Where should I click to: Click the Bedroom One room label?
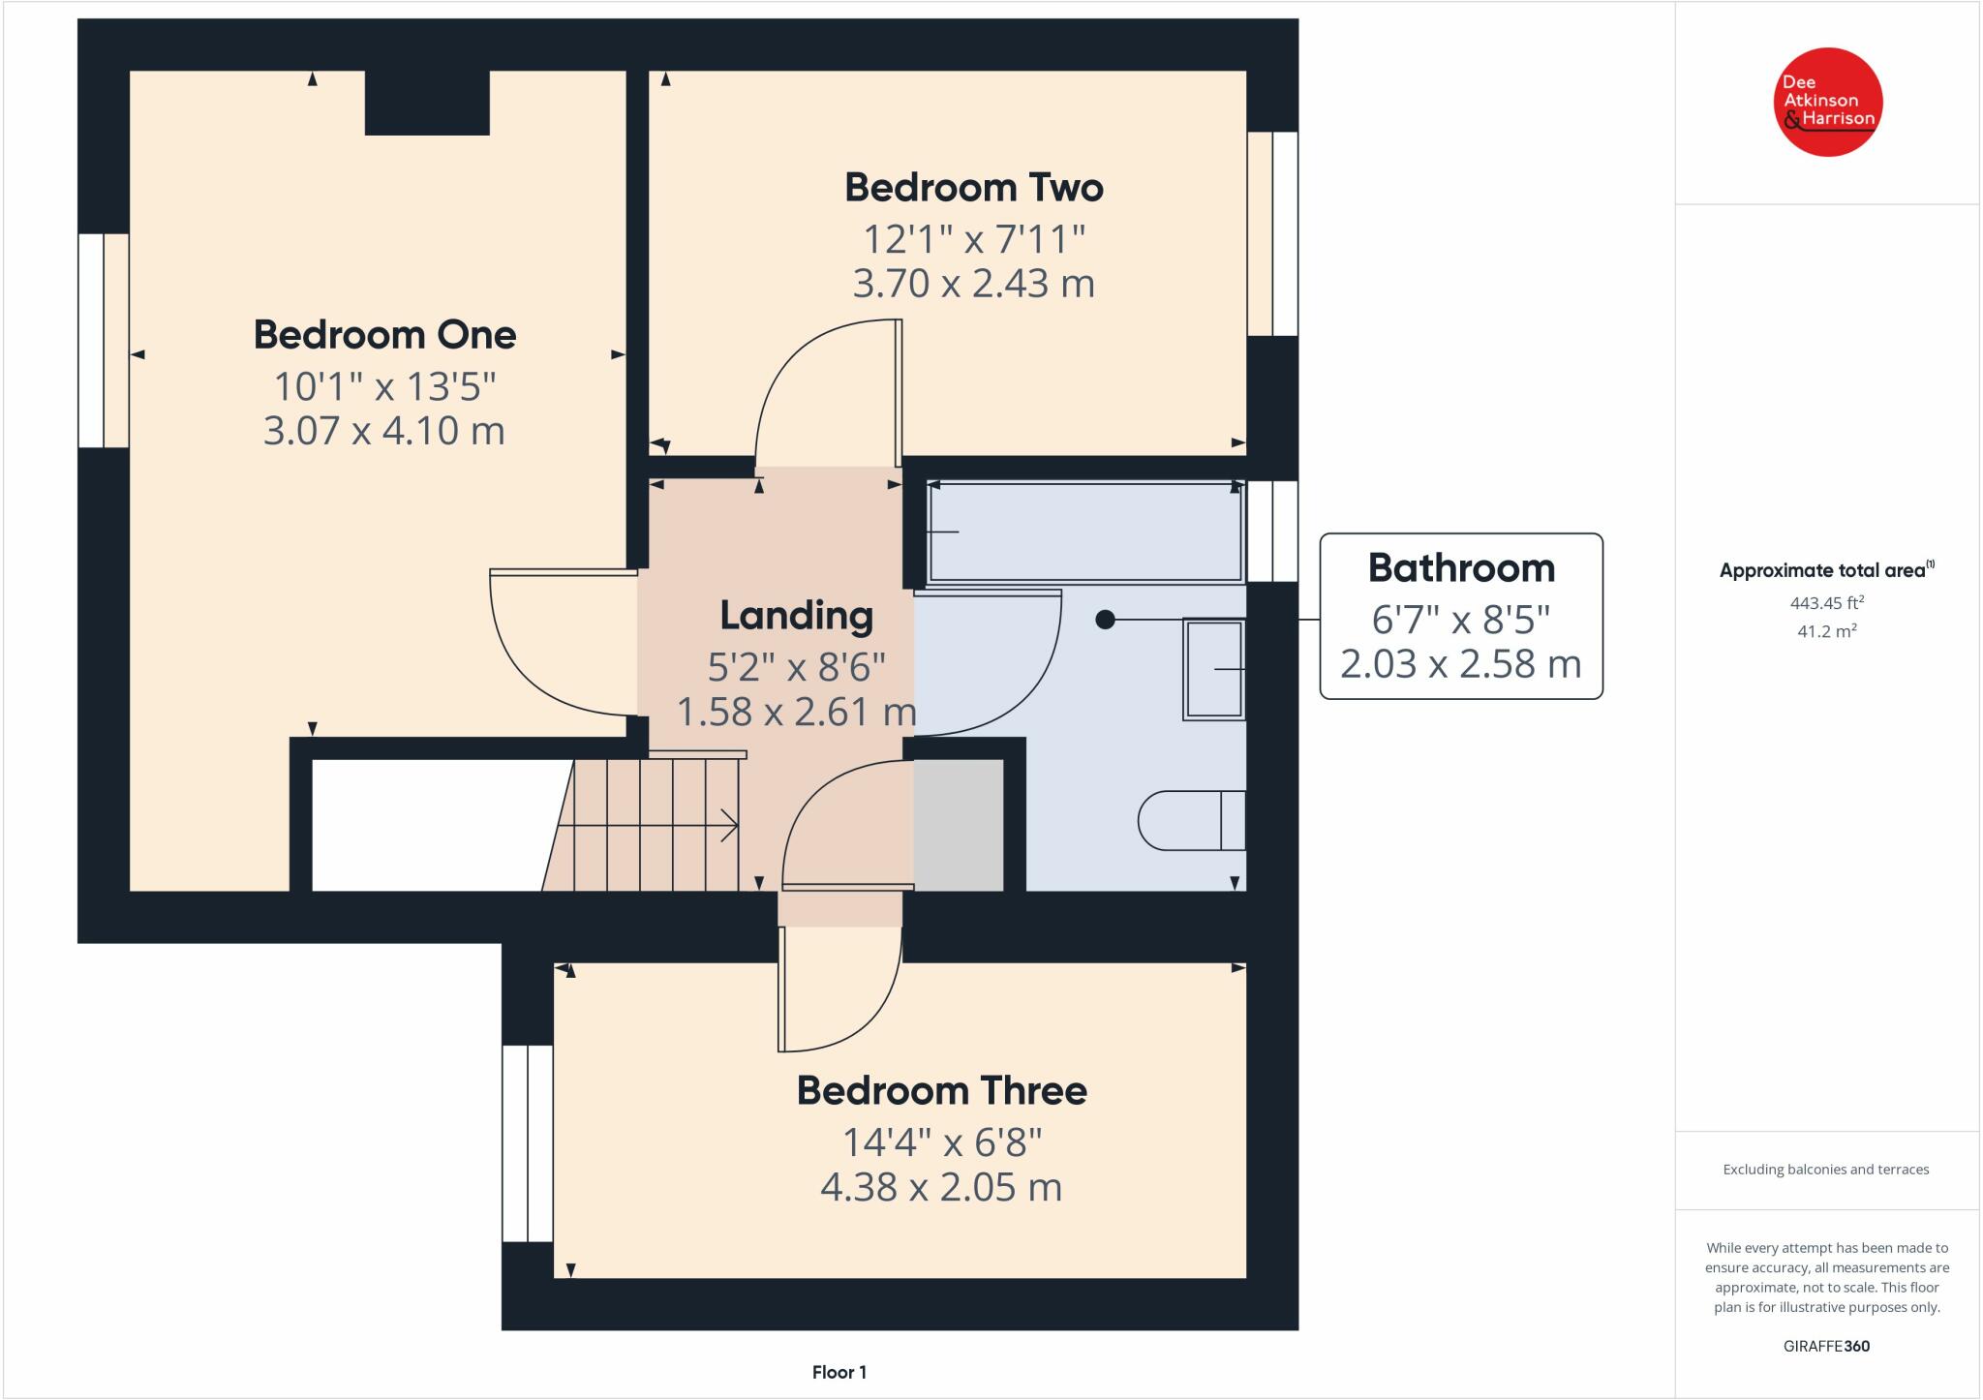coord(384,335)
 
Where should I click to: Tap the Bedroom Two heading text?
coord(973,188)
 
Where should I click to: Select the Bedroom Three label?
coord(941,1091)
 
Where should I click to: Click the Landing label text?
coord(796,616)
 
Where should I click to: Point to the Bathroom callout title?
coord(1460,568)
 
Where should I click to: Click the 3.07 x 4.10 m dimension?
coord(384,431)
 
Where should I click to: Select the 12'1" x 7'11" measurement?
coord(973,238)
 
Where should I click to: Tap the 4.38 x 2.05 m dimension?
coord(941,1187)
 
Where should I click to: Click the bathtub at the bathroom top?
coord(1084,533)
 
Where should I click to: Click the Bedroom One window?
coord(103,340)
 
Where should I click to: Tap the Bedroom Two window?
coord(1272,233)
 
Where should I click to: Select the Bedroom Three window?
coord(527,1142)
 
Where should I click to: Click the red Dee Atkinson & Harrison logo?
coord(1827,102)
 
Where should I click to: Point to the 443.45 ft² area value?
coord(1826,603)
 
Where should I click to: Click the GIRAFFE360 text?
coord(1826,1346)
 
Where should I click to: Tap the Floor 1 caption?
coord(839,1372)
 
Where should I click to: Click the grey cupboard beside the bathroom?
coord(959,825)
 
